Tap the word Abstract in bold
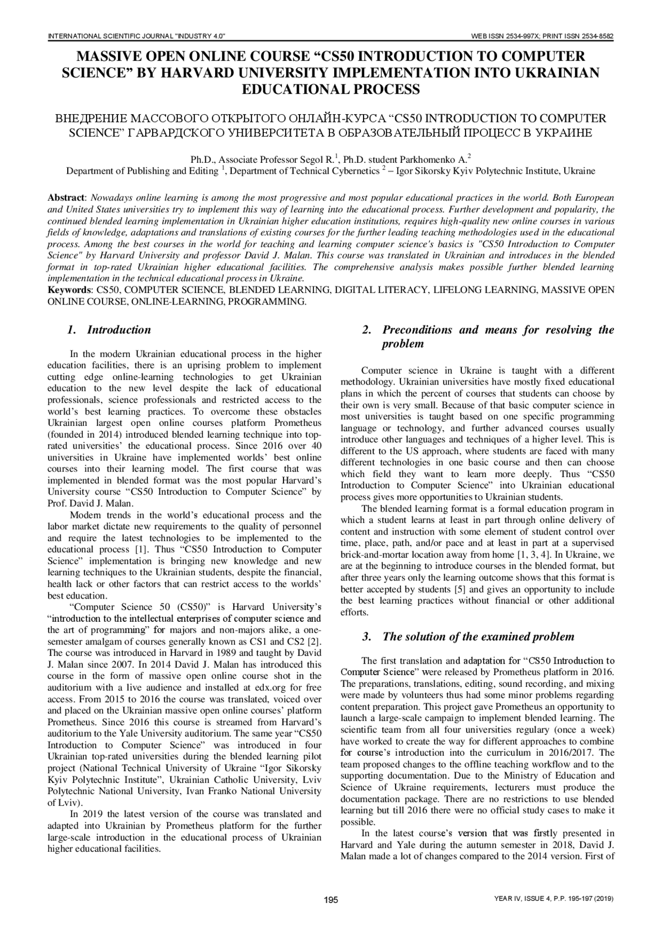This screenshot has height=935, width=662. pyautogui.click(x=65, y=198)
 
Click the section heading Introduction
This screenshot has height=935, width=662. pyautogui.click(x=119, y=330)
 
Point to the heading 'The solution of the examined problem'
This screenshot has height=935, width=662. pyautogui.click(x=478, y=637)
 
